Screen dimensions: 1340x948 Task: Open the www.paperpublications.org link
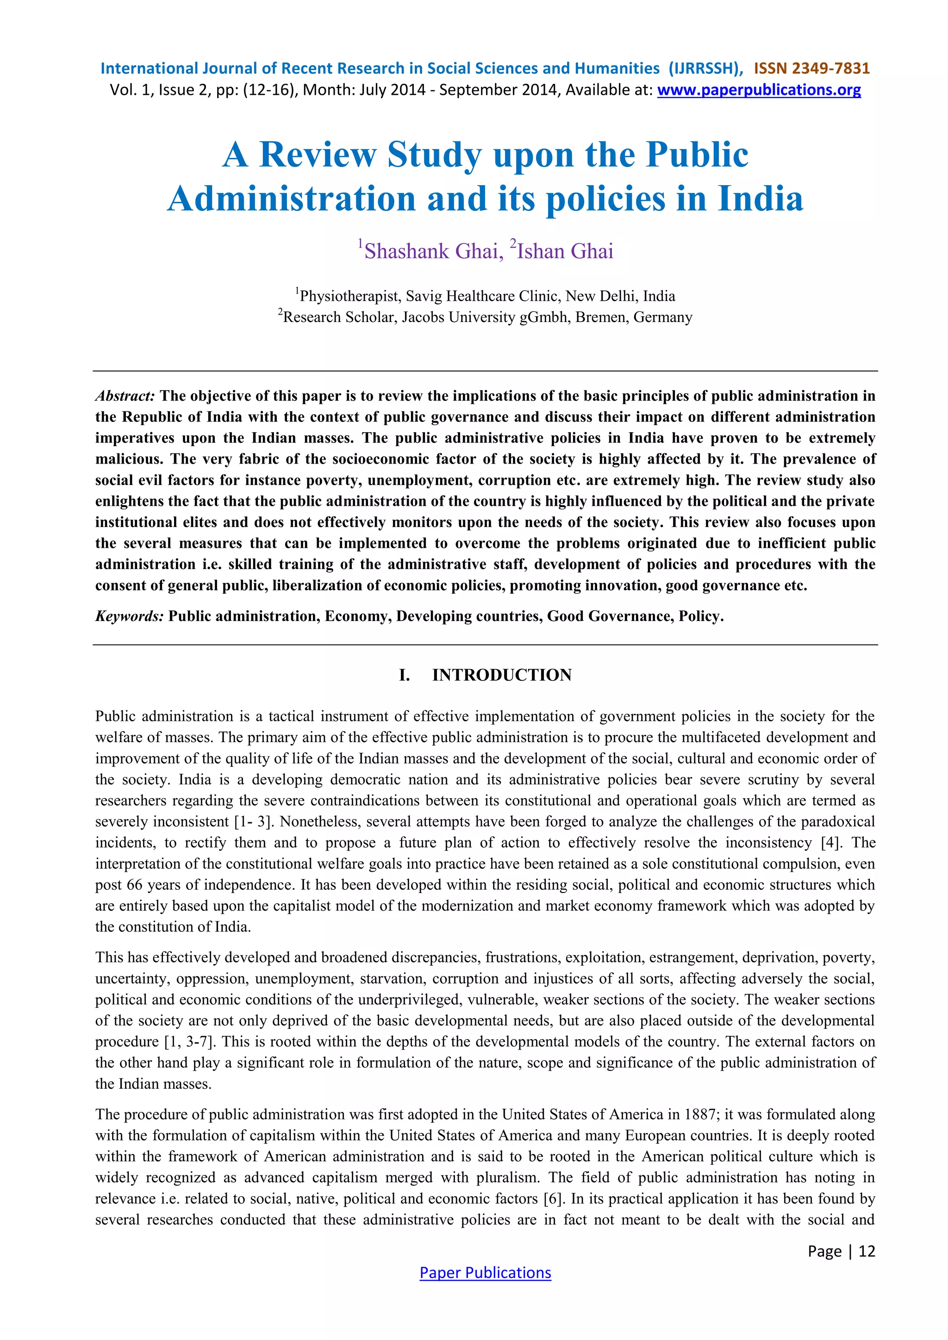[x=758, y=90]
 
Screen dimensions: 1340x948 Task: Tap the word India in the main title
[x=760, y=199]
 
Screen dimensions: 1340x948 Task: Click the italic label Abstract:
[x=125, y=396]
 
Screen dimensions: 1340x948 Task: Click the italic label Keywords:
[x=130, y=616]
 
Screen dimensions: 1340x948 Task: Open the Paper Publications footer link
[x=485, y=1272]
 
